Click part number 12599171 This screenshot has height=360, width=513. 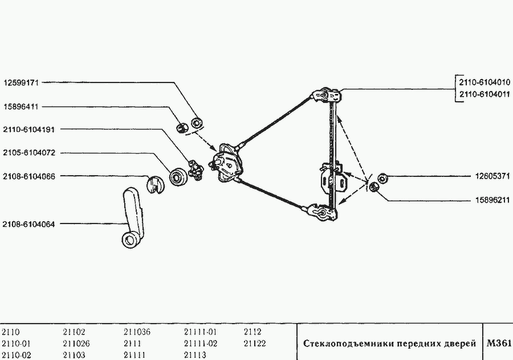[21, 83]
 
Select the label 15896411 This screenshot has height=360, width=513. [21, 107]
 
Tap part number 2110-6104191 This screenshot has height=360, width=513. [29, 130]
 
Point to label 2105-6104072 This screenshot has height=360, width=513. [30, 153]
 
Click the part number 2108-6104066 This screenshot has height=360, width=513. [29, 176]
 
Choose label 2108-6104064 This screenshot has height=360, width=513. [29, 224]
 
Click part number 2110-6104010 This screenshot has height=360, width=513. [484, 82]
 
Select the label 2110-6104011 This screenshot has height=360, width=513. [484, 94]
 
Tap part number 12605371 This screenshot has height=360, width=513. [492, 176]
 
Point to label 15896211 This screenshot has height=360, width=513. [492, 200]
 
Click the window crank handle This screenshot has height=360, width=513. [132, 217]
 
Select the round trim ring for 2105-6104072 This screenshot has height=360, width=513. [178, 177]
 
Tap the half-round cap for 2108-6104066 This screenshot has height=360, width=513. [156, 184]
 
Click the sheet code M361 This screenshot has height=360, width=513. [499, 343]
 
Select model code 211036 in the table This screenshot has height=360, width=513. [137, 332]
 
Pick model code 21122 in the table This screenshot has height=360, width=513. [255, 344]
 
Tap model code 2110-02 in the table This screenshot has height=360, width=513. [17, 355]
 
